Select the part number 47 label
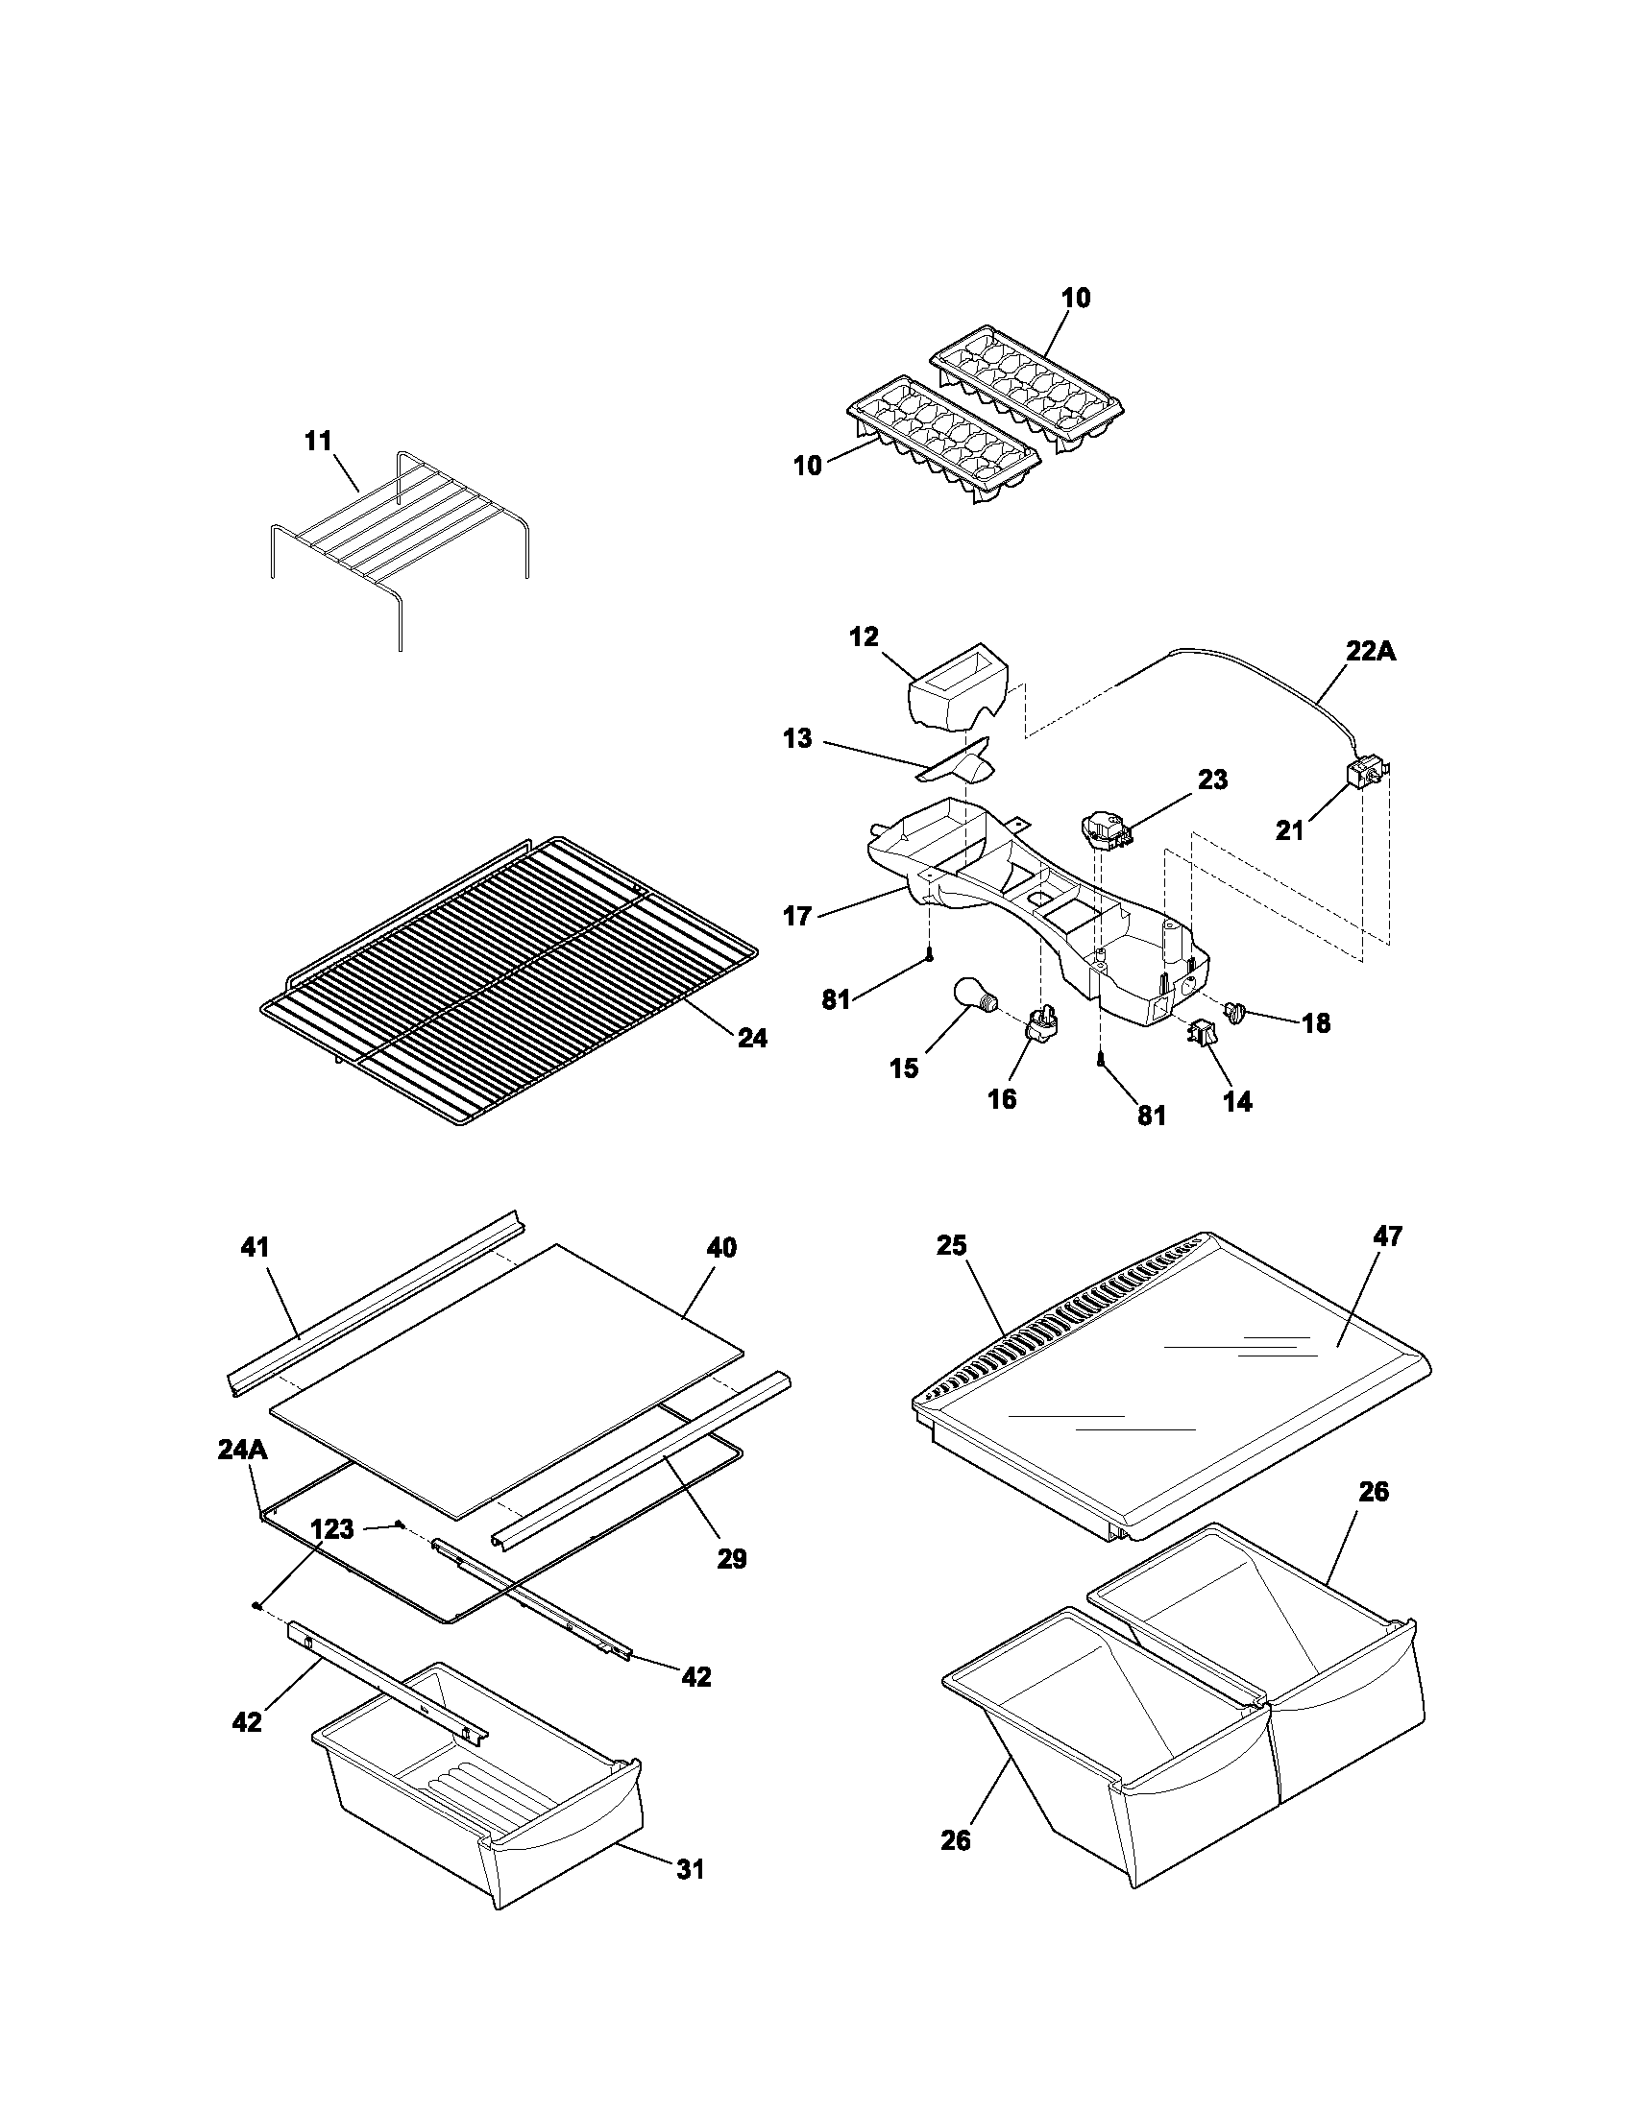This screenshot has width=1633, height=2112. pos(1387,1236)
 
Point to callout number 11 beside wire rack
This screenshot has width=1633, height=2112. pos(318,441)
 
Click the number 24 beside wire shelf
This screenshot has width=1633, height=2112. pos(753,1039)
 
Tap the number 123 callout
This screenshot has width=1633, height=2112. pos(331,1529)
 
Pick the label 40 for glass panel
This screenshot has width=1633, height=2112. pos(721,1247)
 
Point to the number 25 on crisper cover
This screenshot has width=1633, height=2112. pos(951,1245)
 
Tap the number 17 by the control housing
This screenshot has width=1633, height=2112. pos(797,916)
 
